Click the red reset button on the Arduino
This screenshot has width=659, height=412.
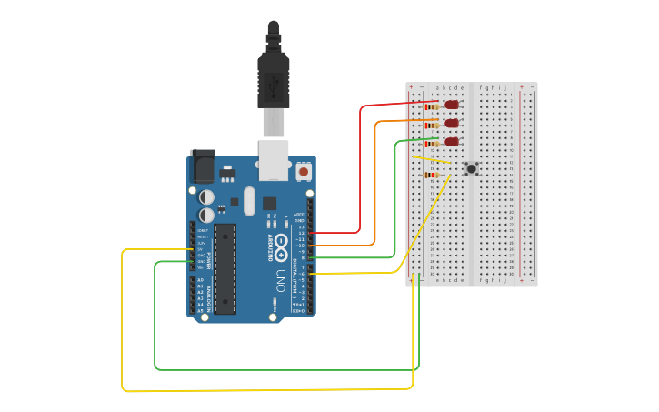[x=303, y=170]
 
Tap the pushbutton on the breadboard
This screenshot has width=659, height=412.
[x=471, y=168]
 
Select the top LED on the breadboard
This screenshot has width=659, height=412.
[x=452, y=105]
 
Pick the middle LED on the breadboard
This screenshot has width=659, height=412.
[x=452, y=123]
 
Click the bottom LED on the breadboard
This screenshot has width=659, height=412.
[x=452, y=142]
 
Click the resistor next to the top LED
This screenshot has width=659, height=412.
[x=432, y=106]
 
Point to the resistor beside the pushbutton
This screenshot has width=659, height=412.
[x=432, y=175]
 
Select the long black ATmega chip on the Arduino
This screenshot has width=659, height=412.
[x=225, y=268]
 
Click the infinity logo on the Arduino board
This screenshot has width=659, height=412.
[x=281, y=243]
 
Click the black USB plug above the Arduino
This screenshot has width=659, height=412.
[x=273, y=73]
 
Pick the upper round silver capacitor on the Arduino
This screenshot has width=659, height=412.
[x=207, y=196]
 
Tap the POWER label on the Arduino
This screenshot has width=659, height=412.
[x=208, y=261]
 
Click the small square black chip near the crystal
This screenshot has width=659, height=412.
[x=269, y=203]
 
